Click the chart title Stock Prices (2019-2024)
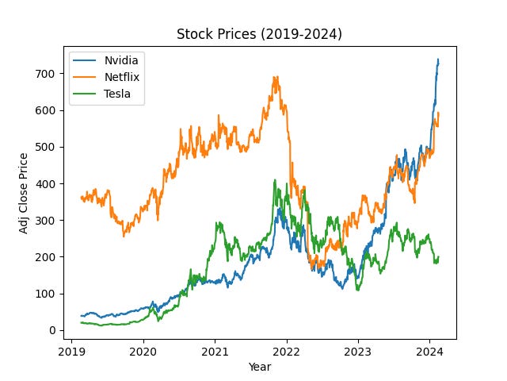[260, 34]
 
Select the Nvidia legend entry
[121, 60]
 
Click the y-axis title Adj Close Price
[25, 192]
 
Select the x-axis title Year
[260, 367]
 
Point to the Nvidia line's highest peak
[438, 60]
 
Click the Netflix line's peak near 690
[275, 77]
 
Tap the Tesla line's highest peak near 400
[275, 180]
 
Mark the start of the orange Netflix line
[81, 198]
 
